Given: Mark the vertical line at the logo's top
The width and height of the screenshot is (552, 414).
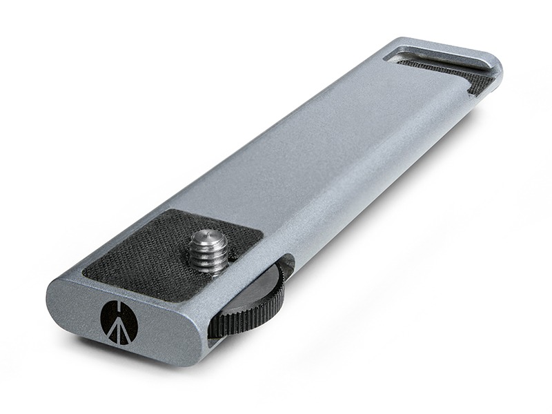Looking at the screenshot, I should pos(119,306).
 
